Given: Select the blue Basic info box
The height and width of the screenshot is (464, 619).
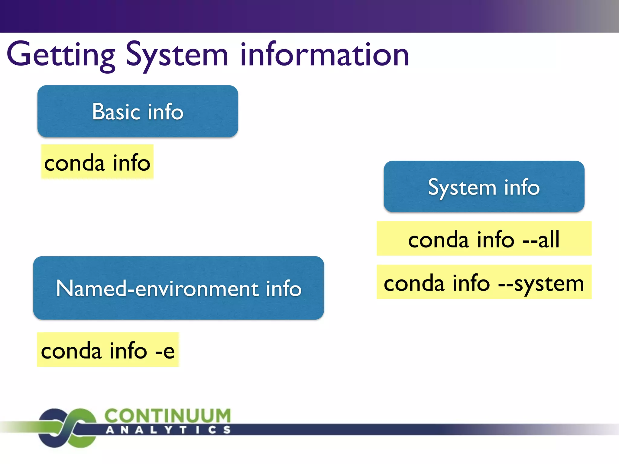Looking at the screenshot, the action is click(x=138, y=111).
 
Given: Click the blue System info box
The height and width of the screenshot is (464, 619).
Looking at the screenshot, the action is click(x=484, y=186).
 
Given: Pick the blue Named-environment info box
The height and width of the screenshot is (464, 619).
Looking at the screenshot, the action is click(x=178, y=288).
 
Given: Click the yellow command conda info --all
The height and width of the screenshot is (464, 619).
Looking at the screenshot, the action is click(x=484, y=239).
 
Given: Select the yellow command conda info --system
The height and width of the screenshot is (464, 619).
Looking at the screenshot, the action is click(x=484, y=282).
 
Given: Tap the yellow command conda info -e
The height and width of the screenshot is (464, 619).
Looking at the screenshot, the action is click(x=108, y=350).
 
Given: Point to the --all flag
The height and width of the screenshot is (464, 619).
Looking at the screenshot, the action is click(x=541, y=239).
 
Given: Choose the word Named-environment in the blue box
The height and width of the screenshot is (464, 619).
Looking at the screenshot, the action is click(x=157, y=288).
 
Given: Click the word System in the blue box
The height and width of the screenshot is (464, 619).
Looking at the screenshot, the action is click(x=462, y=187).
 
